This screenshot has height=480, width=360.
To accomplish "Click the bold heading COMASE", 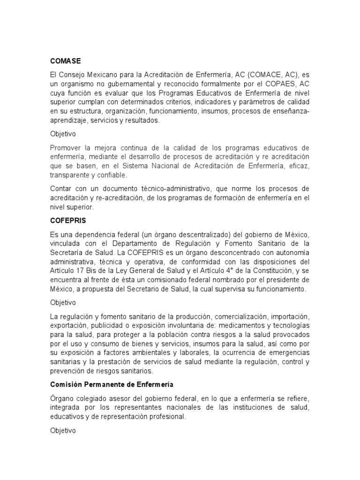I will click(x=66, y=61).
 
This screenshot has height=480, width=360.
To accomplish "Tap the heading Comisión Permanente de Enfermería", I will click(x=112, y=385).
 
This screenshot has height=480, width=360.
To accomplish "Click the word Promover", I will click(x=66, y=147).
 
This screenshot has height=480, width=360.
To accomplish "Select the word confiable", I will click(x=112, y=175).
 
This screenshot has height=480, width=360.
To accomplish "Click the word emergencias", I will click(x=286, y=352).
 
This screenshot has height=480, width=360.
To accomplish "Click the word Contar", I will click(x=61, y=188).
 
